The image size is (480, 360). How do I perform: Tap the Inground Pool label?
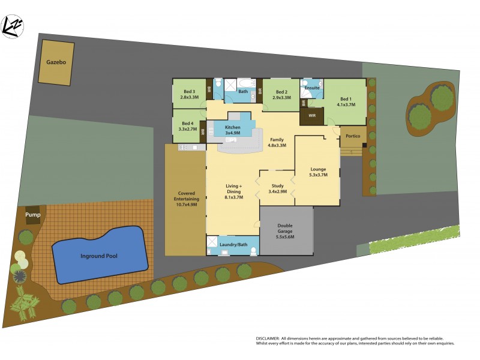pyautogui.click(x=99, y=256)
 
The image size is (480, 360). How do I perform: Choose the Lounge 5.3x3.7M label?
pyautogui.click(x=318, y=172)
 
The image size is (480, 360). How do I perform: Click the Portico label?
pyautogui.click(x=353, y=136)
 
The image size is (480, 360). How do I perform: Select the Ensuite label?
pyautogui.click(x=312, y=88)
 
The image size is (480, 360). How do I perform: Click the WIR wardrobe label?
pyautogui.click(x=312, y=116)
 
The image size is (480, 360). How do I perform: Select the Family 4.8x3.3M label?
pyautogui.click(x=277, y=142)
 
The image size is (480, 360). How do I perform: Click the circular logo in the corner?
pyautogui.click(x=13, y=26)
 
